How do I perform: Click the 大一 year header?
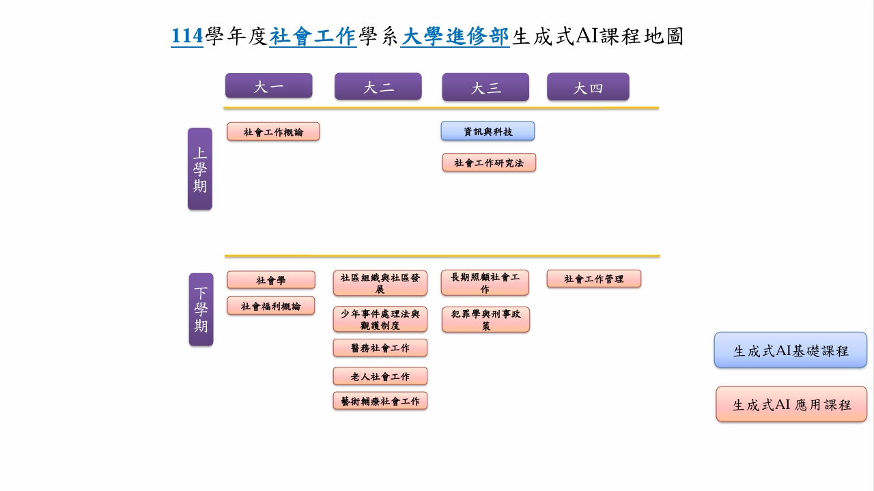click(268, 86)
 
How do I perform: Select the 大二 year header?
click(378, 87)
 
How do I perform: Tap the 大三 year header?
click(485, 87)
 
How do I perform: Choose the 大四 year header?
click(588, 87)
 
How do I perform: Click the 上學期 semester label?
click(200, 169)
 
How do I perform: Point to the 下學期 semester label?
click(201, 309)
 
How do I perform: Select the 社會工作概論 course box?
click(273, 132)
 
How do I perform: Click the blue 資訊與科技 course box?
click(488, 131)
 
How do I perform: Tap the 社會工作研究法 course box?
click(489, 163)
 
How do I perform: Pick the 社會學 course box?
click(271, 280)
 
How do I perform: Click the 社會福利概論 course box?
click(271, 306)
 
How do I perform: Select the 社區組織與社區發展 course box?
click(380, 283)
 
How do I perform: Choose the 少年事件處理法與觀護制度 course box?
click(380, 319)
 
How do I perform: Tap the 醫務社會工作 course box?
click(380, 348)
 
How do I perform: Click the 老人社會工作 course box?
click(380, 376)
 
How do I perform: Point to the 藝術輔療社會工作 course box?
click(380, 401)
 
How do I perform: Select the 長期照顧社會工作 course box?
click(485, 283)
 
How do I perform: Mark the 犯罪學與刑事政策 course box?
click(485, 320)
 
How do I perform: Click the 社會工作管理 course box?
click(594, 279)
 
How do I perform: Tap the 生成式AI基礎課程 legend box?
click(791, 350)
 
